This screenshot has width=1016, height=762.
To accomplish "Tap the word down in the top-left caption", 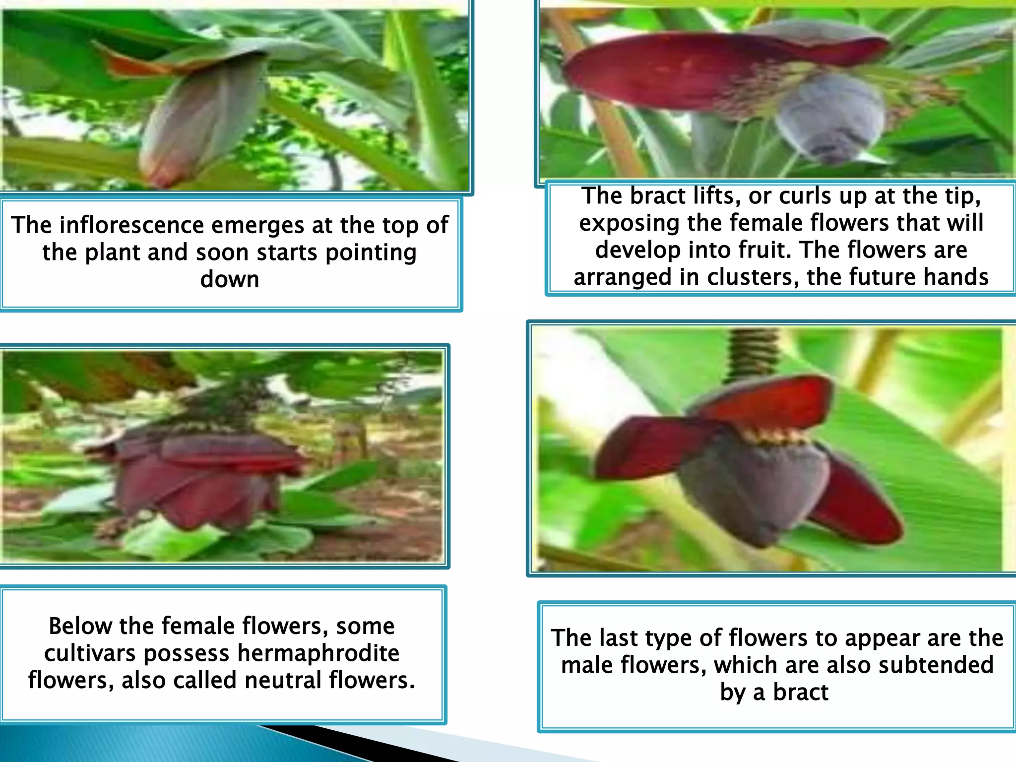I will (x=230, y=279).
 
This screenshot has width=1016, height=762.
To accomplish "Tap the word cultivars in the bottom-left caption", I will (x=90, y=653).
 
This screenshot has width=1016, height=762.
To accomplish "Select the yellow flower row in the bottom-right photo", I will (x=776, y=437).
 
